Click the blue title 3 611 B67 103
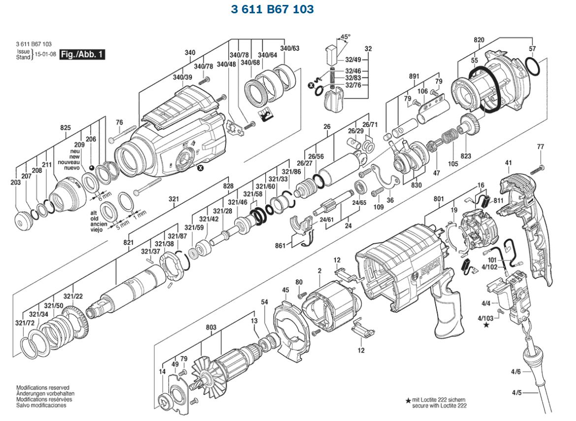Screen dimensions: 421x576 tap(272, 9)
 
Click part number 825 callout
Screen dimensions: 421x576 tap(65, 128)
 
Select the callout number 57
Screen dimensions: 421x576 tap(532, 48)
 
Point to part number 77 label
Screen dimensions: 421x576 tap(541, 147)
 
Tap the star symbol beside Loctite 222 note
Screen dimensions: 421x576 tap(408, 401)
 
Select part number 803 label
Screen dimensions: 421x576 tap(211, 327)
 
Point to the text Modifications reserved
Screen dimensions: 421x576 tap(43, 388)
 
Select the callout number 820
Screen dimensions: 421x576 tap(479, 40)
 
